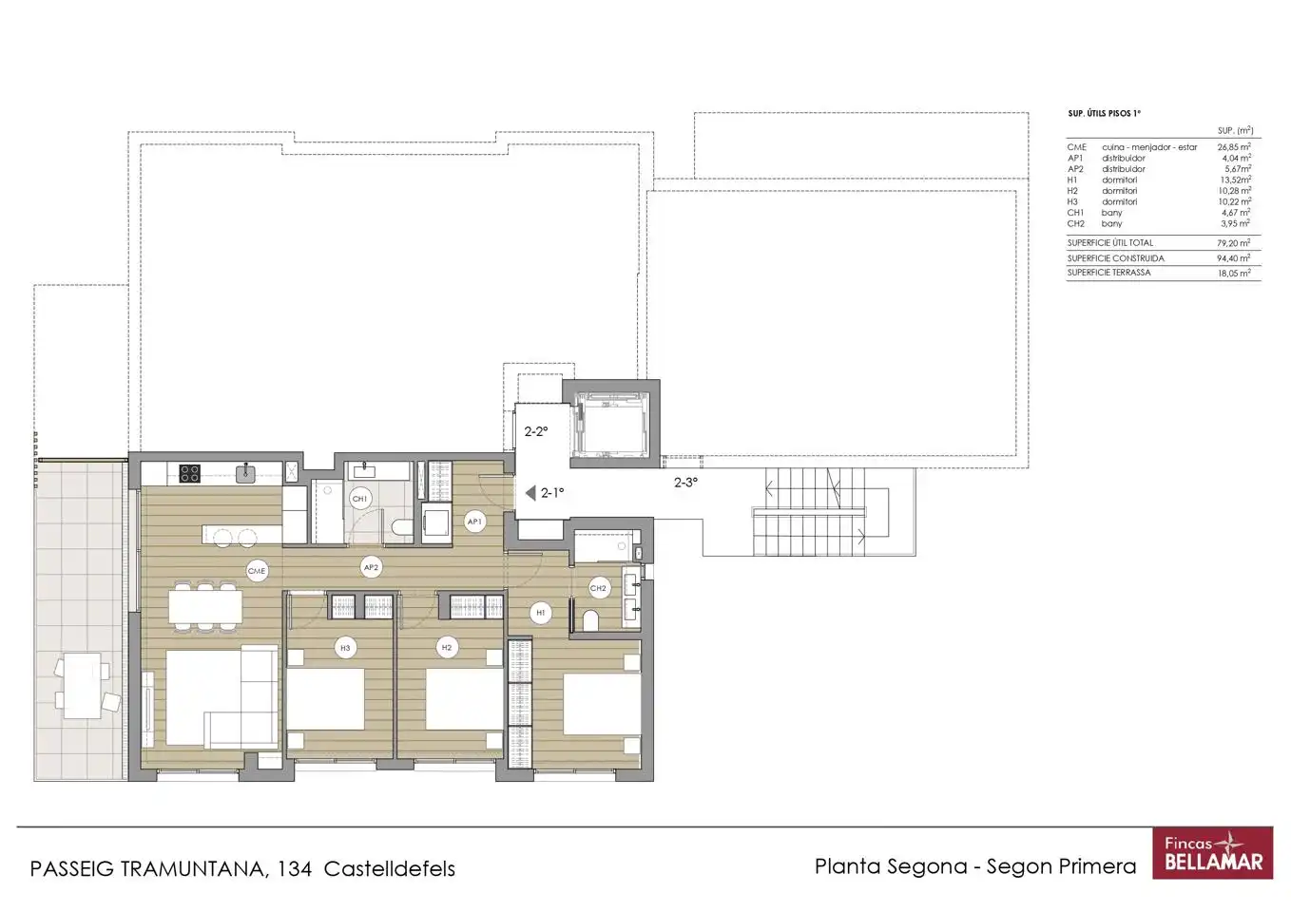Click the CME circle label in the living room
point(257,571)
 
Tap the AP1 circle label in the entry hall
point(474,522)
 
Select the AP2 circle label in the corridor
point(371,567)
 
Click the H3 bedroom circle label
point(345,648)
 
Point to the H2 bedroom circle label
point(447,647)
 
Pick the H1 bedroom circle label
point(541,613)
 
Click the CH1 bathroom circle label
point(359,499)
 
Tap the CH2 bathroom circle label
point(598,588)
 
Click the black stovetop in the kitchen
point(189,474)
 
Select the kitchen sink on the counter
point(245,473)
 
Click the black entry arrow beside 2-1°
point(530,493)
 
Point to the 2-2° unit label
point(536,431)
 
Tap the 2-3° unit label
point(685,482)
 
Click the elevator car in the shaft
point(611,425)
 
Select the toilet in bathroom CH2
point(591,620)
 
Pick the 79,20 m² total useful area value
point(1233,243)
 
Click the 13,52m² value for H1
point(1235,180)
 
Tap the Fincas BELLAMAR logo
point(1213,853)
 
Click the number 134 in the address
point(295,868)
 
